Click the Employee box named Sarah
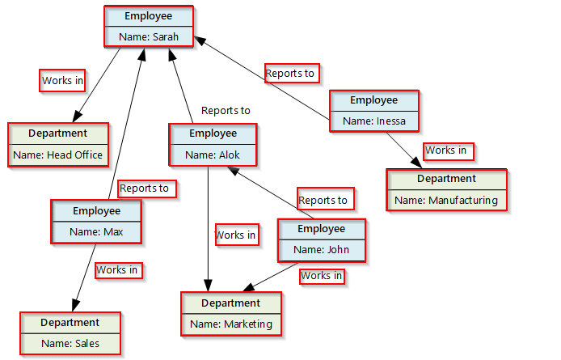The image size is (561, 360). [x=149, y=27]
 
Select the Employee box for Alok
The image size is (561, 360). [x=213, y=145]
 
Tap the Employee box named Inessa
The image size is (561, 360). [x=373, y=111]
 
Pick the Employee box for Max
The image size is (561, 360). [x=96, y=222]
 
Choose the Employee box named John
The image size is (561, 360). [x=321, y=239]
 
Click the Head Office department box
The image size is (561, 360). [x=57, y=144]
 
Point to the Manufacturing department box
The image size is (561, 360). [x=446, y=189]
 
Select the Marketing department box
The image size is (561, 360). [x=231, y=314]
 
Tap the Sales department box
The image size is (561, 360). [x=70, y=333]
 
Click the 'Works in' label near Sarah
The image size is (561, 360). [x=63, y=80]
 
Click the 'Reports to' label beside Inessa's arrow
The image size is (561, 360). [x=291, y=73]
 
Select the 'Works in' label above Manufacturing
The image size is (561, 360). [x=446, y=150]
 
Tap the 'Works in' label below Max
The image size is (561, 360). [x=117, y=269]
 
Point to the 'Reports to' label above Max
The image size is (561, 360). [x=146, y=188]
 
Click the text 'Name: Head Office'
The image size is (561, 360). [x=57, y=155]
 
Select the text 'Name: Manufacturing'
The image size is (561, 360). [x=446, y=199]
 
